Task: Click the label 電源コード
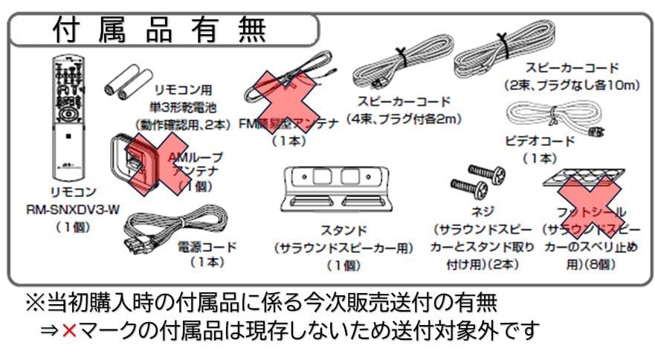(207, 246)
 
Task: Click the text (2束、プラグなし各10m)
(570, 85)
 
